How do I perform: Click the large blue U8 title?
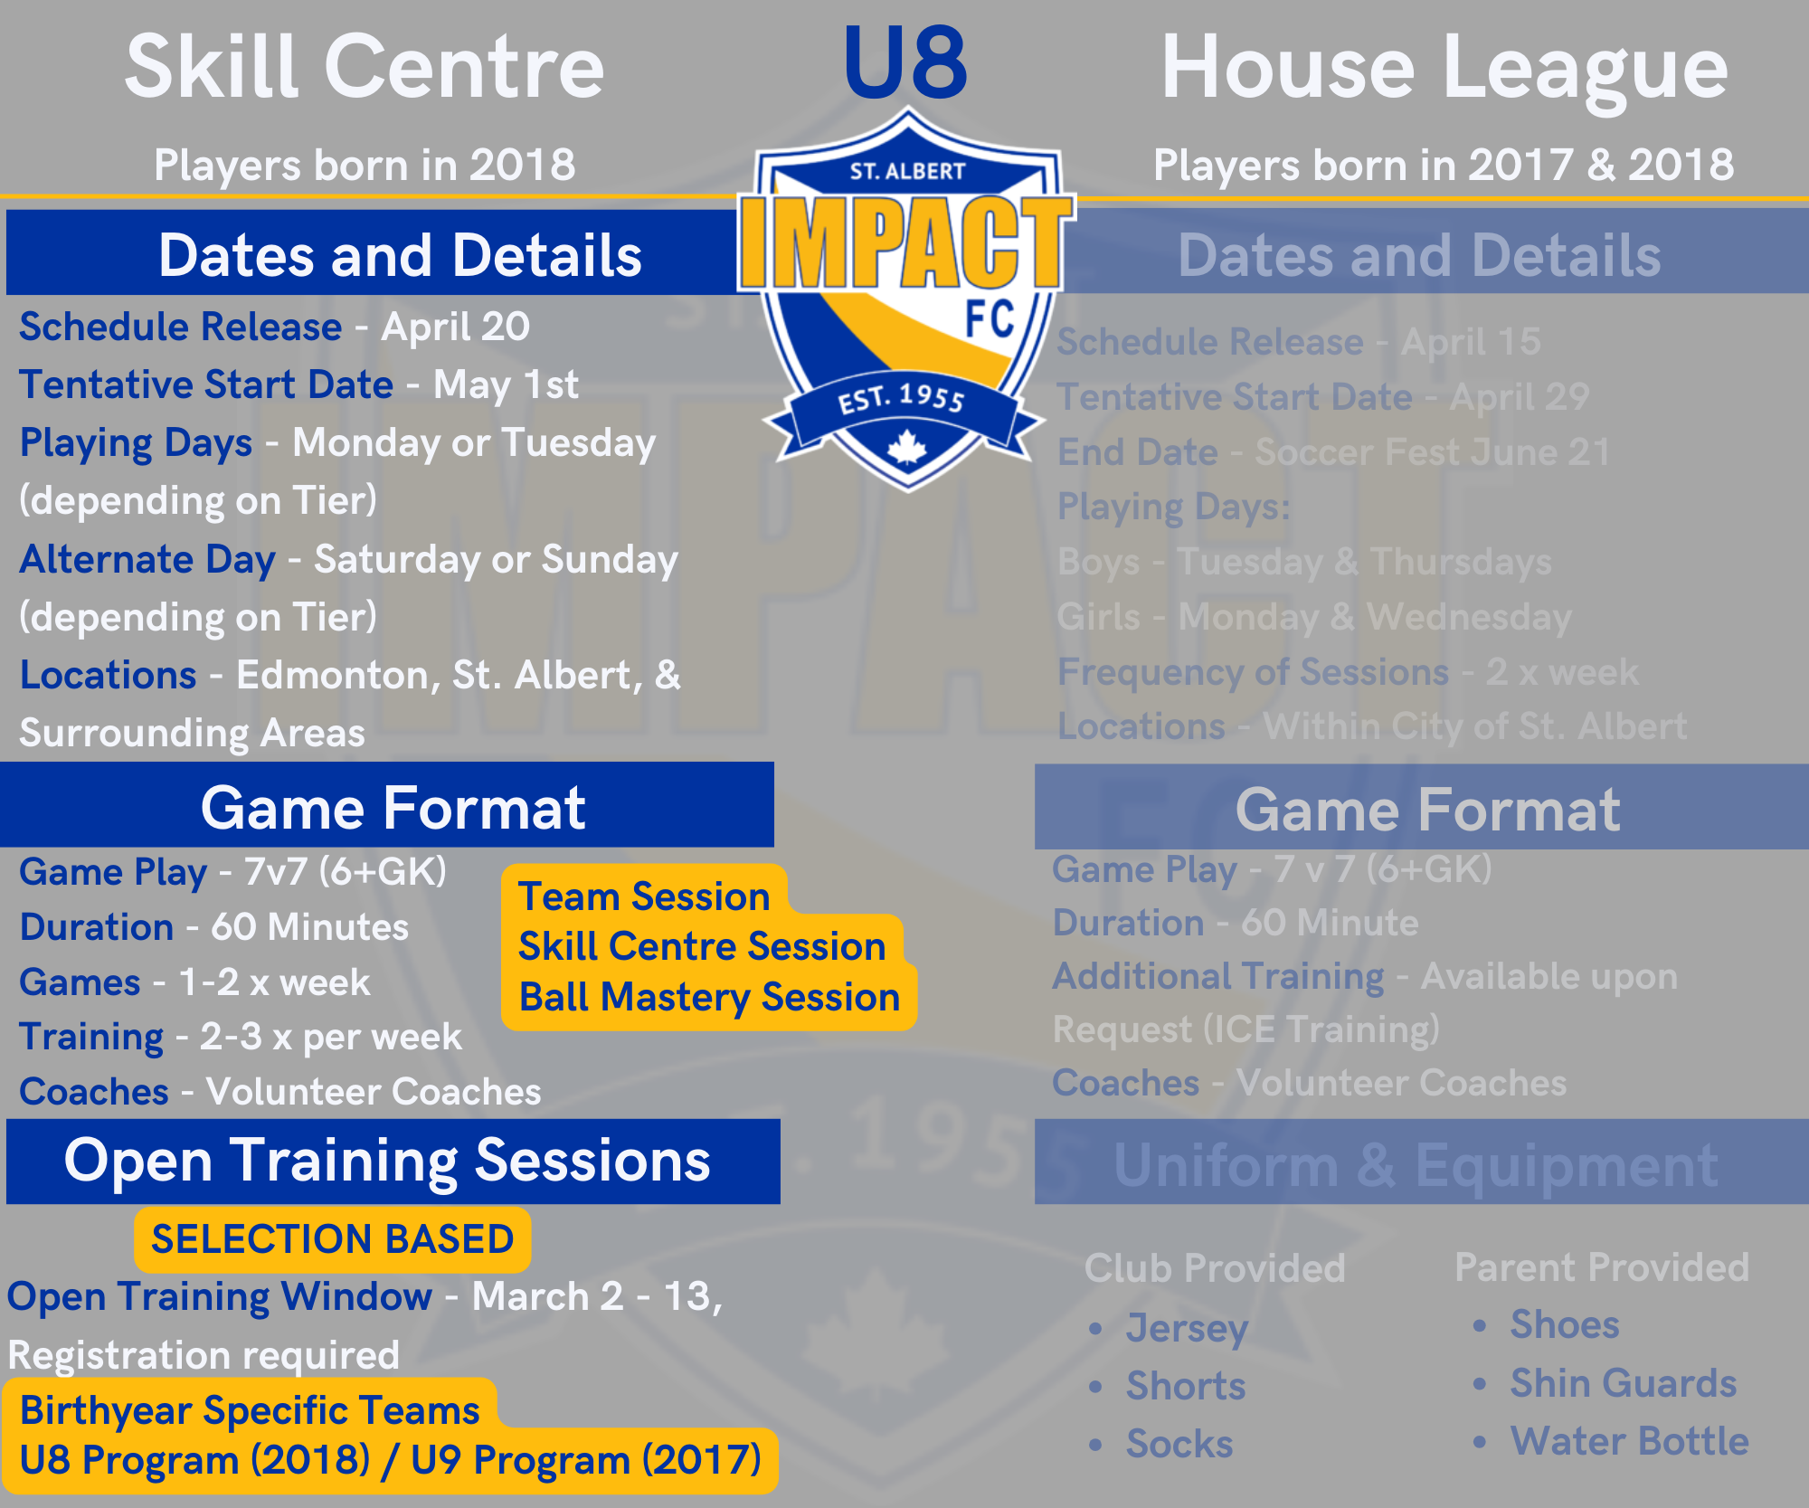click(905, 63)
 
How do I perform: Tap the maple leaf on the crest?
click(906, 448)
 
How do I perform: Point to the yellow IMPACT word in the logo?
click(906, 242)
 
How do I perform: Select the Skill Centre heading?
click(365, 67)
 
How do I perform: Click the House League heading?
click(1444, 69)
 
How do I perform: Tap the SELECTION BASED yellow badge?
click(332, 1238)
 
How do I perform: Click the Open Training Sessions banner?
click(393, 1162)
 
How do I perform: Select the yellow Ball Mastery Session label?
click(709, 998)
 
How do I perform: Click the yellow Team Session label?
click(644, 896)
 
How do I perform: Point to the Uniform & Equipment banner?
click(1422, 1163)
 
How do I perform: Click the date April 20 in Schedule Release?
click(455, 327)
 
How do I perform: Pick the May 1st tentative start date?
click(506, 384)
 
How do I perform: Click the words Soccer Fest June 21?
click(1433, 452)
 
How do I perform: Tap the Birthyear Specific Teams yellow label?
click(250, 1410)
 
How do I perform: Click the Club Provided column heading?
click(1215, 1267)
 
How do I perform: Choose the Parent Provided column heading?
click(1602, 1267)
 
